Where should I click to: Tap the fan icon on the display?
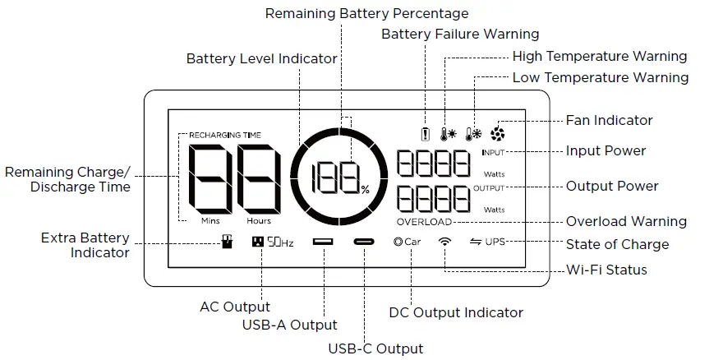497,134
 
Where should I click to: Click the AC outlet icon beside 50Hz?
258,242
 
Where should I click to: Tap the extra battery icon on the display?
227,242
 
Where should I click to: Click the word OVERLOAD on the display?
424,222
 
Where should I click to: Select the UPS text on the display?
495,242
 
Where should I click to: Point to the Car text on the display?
412,242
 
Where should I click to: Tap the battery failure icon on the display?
425,135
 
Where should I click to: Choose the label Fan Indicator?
609,120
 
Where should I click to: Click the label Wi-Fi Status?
606,270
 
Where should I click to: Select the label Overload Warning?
626,221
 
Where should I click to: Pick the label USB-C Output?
375,348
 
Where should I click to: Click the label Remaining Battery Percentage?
366,13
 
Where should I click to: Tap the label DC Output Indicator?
455,312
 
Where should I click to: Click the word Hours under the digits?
259,221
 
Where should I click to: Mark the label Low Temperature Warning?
600,77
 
